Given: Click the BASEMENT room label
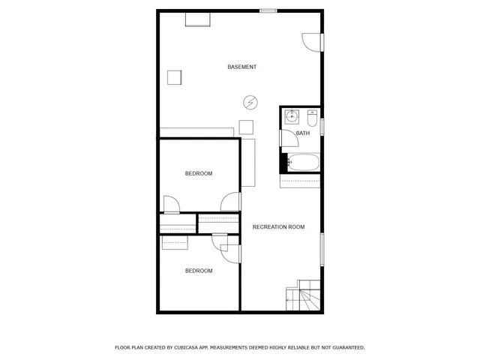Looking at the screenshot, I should pos(242,67).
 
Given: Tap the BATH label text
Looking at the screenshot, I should pos(302,133).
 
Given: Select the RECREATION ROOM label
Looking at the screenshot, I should pos(278,227).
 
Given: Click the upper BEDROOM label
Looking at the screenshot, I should pos(199,174).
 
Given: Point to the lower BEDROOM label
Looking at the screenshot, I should pos(199,271).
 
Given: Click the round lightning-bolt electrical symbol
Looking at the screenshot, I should pos(250,102).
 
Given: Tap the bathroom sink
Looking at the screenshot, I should pos(292,116).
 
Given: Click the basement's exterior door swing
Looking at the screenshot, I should pos(311,42).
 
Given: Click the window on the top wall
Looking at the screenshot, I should pos(268,10).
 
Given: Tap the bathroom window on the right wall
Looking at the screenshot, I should pos(322,126).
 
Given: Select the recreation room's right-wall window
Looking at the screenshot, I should pos(322,250).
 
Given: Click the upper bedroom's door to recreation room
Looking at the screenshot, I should pos(231,202).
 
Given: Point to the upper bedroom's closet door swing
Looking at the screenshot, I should pos(171,203).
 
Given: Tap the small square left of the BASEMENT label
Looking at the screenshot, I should pos(175,77).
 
